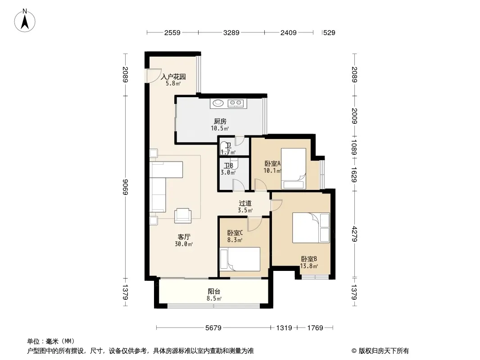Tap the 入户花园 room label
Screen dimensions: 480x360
tap(173, 76)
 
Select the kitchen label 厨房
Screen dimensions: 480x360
tap(220, 121)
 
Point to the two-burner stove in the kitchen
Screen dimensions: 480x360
tap(235, 103)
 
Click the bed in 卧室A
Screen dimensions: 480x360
tap(294, 169)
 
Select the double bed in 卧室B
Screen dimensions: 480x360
tap(311, 228)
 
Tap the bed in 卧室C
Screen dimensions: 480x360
tap(240, 259)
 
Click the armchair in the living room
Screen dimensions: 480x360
tap(183, 216)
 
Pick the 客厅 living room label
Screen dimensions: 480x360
tap(184, 237)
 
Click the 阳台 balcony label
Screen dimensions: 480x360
tap(214, 292)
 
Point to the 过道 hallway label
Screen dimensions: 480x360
tap(245, 203)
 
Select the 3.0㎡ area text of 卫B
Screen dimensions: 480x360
tap(228, 172)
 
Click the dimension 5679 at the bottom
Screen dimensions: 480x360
tap(213, 328)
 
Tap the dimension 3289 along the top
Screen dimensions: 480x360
tap(231, 33)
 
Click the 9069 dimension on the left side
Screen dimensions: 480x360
tap(125, 187)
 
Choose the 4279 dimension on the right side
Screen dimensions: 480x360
tap(354, 234)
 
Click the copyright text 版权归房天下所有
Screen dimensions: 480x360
tap(384, 351)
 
